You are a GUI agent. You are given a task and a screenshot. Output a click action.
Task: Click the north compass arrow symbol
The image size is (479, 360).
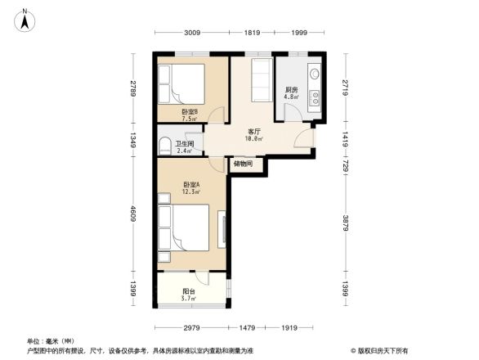[x=26, y=19]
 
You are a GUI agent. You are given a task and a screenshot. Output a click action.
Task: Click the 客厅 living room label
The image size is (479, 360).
[x=254, y=132]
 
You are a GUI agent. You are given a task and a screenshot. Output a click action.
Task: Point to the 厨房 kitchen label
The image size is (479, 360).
[x=290, y=90]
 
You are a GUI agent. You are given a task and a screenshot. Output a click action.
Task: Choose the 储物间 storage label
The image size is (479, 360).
[x=243, y=164]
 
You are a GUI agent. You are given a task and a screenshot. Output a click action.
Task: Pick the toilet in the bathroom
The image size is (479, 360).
[x=164, y=146]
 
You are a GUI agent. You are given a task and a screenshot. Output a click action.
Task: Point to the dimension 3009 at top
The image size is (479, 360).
[x=191, y=33]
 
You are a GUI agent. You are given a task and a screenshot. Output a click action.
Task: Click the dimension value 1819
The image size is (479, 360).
[x=252, y=33]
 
